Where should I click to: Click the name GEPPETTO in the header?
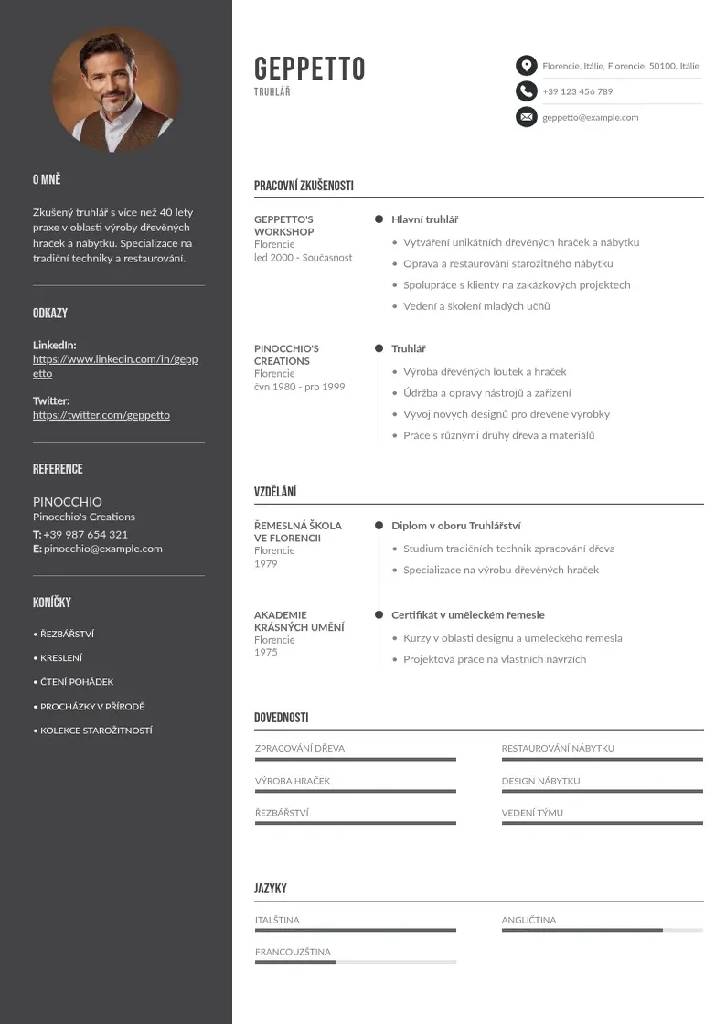(309, 69)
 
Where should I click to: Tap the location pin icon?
(526, 66)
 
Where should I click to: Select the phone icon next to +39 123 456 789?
(526, 91)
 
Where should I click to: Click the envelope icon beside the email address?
(526, 117)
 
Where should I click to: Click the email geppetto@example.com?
(590, 117)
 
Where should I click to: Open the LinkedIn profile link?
(115, 366)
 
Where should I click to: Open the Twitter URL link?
(101, 415)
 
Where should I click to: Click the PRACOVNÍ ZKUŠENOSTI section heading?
(304, 186)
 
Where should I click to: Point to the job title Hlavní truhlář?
(424, 219)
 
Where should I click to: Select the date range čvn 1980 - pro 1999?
(299, 387)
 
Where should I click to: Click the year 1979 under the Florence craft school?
(265, 563)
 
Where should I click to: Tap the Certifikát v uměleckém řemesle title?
(467, 615)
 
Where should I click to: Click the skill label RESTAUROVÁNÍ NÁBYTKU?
(557, 748)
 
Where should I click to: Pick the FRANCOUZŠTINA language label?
(293, 952)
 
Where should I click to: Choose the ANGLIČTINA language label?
(528, 920)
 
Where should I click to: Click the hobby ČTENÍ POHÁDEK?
(76, 682)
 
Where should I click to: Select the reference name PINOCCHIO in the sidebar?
(68, 502)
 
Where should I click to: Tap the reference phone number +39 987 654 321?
(85, 534)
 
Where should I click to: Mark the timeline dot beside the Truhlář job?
(379, 348)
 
